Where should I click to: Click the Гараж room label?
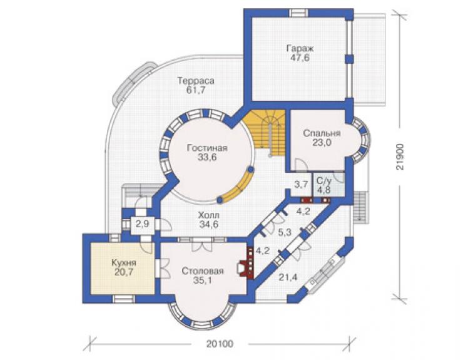click(x=300, y=48)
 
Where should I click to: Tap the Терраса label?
click(x=196, y=80)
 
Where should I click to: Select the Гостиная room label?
click(x=207, y=148)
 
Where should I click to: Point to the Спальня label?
click(x=322, y=133)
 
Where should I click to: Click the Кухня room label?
click(x=124, y=262)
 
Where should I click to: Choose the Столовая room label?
click(x=203, y=270)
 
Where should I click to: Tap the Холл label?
click(x=209, y=215)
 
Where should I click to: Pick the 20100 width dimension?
click(x=220, y=344)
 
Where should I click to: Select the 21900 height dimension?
click(x=400, y=157)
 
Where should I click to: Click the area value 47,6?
click(x=300, y=58)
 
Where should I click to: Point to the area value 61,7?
click(x=196, y=90)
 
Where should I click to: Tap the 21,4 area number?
click(x=288, y=277)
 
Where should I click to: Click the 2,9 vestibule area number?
click(x=142, y=224)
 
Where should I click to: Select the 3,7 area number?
click(x=301, y=185)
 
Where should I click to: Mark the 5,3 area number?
click(x=285, y=232)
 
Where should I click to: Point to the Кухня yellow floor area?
click(x=123, y=268)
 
